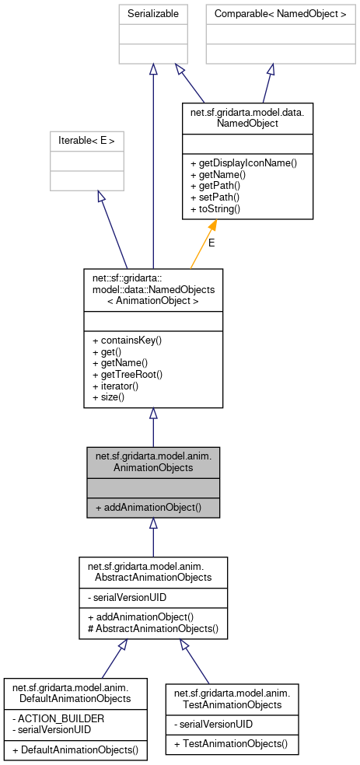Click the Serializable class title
(152, 14)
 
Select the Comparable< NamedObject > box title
(271, 14)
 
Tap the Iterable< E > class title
(86, 141)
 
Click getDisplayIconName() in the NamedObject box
(243, 162)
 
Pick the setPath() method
(215, 197)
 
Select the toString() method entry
(216, 209)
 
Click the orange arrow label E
(211, 243)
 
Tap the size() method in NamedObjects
(114, 397)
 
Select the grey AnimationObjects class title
(153, 462)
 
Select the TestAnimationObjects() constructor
(230, 744)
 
